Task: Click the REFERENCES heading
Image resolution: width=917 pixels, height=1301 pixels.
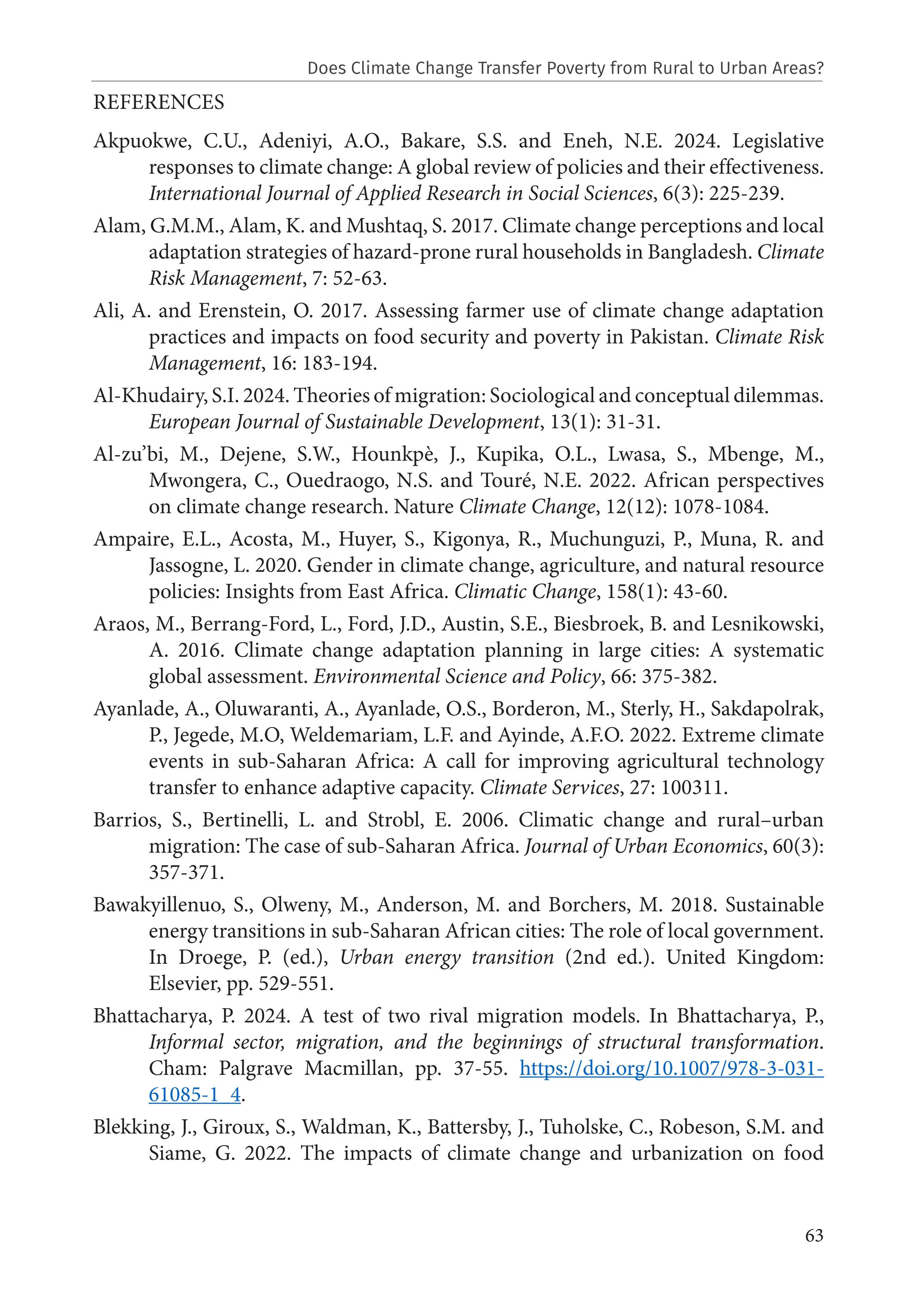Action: click(159, 103)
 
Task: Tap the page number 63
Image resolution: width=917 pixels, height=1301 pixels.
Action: click(814, 1235)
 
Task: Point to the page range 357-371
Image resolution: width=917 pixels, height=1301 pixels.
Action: click(186, 872)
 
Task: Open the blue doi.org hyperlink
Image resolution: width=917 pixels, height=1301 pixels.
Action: click(671, 1068)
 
